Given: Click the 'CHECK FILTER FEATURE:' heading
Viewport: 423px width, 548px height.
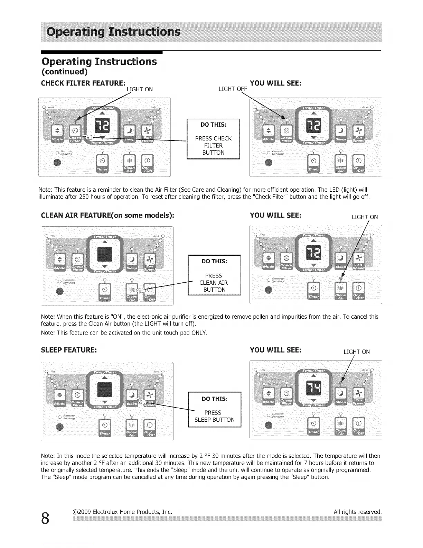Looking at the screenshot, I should pos(83,83).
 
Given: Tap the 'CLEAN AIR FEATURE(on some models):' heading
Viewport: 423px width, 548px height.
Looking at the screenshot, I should pos(107,215).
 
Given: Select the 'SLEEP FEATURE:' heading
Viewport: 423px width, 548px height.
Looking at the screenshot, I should pos(69,350).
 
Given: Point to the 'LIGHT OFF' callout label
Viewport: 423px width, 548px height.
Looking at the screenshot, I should pos(233,89).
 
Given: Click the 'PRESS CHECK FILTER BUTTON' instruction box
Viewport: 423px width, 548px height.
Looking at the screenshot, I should pos(213,139).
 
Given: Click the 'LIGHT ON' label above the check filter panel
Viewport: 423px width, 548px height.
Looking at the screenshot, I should pos(140,89).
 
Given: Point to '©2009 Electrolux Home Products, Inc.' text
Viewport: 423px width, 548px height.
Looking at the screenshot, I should pos(122,512).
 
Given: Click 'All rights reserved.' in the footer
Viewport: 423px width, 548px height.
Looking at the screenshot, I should pos(358,512).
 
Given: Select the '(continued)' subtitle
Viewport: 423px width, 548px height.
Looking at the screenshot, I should pos(65,72).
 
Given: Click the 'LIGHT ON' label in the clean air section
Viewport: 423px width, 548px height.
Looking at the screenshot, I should pos(365,217).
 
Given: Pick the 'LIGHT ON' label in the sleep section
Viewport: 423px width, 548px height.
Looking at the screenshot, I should pos(357,352).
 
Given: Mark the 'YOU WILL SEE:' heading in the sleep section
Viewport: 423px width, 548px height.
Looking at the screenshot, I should pos(275,350).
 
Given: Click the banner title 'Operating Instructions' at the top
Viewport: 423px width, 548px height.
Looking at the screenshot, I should pos(114,32).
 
